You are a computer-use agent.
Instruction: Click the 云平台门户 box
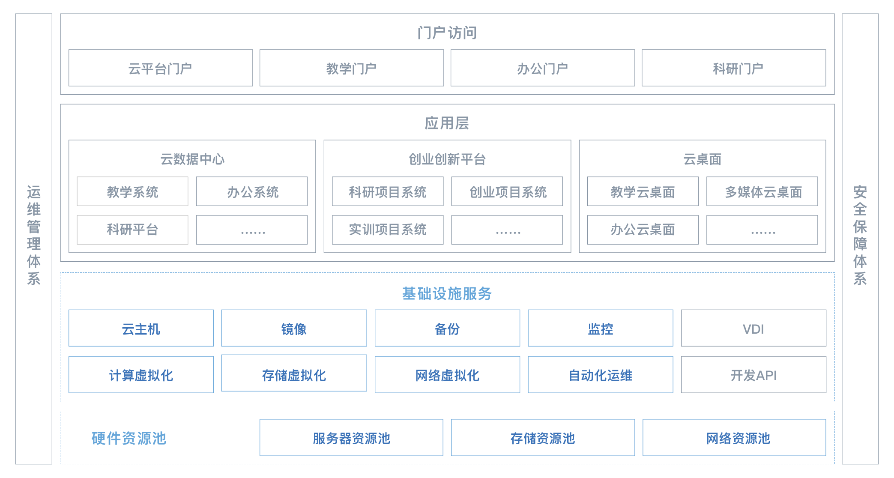point(161,68)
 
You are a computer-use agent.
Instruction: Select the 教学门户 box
point(352,68)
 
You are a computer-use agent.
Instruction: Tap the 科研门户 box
point(734,68)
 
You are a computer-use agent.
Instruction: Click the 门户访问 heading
point(447,33)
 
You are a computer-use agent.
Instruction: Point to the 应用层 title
point(447,123)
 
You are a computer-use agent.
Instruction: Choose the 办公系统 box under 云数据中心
point(252,191)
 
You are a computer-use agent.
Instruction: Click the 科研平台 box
point(132,230)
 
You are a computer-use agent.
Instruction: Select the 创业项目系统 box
point(507,191)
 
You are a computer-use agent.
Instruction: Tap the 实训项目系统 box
point(388,230)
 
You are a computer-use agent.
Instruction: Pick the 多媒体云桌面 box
point(762,191)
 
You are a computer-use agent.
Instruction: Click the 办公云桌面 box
point(643,230)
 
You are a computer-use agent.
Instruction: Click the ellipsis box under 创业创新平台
point(507,230)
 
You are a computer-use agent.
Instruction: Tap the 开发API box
point(753,375)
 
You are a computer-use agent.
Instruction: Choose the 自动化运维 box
point(600,375)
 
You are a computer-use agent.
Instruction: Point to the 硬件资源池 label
point(129,438)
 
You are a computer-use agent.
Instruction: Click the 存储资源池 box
point(543,438)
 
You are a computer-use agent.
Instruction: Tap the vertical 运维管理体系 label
point(33,235)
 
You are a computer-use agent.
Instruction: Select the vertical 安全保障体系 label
point(860,235)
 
